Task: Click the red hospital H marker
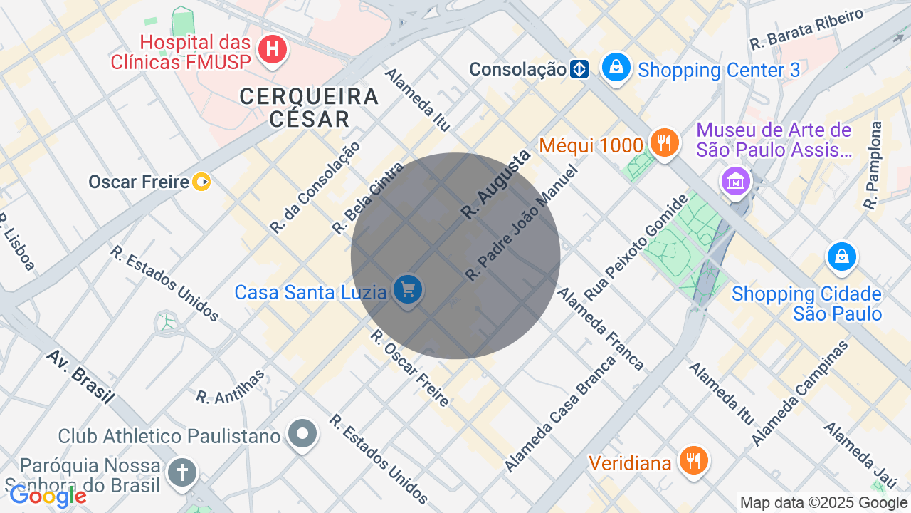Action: click(x=271, y=50)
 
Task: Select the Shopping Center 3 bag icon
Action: click(x=616, y=68)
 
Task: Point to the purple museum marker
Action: click(x=736, y=180)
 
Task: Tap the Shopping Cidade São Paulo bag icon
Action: click(x=841, y=256)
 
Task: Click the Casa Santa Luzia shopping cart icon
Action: click(x=408, y=290)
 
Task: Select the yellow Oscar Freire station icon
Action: click(x=201, y=182)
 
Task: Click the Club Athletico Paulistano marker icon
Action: click(x=302, y=433)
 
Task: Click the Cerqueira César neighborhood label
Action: click(x=310, y=107)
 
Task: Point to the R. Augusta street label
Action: click(x=495, y=185)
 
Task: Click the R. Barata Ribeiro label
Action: click(x=806, y=29)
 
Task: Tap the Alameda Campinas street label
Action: click(x=800, y=393)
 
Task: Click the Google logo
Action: click(x=47, y=496)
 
